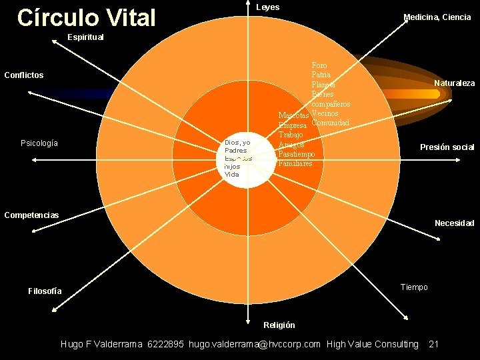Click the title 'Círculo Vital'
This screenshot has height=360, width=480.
point(86,18)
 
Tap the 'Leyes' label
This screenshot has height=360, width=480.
point(268,7)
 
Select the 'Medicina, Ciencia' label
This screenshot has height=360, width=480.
point(437,17)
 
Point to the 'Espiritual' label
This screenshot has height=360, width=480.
point(85,37)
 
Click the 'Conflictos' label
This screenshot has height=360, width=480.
point(24,75)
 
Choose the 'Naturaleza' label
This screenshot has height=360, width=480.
point(454,83)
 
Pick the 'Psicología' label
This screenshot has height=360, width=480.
point(39,143)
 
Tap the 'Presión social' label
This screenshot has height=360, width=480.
point(447,147)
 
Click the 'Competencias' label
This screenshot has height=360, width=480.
point(31,215)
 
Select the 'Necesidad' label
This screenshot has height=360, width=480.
point(454,223)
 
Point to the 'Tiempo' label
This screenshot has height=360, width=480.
point(414,287)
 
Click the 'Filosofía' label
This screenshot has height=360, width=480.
point(45,291)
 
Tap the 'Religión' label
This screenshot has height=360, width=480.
point(279,325)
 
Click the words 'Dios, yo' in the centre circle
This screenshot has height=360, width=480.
point(237,143)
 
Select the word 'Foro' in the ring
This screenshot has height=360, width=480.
point(319,65)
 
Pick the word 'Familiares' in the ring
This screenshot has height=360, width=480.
point(295,163)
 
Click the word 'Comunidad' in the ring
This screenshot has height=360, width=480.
point(331,123)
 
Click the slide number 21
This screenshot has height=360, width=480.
point(433,345)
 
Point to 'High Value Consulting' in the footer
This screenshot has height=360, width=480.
point(373,345)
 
